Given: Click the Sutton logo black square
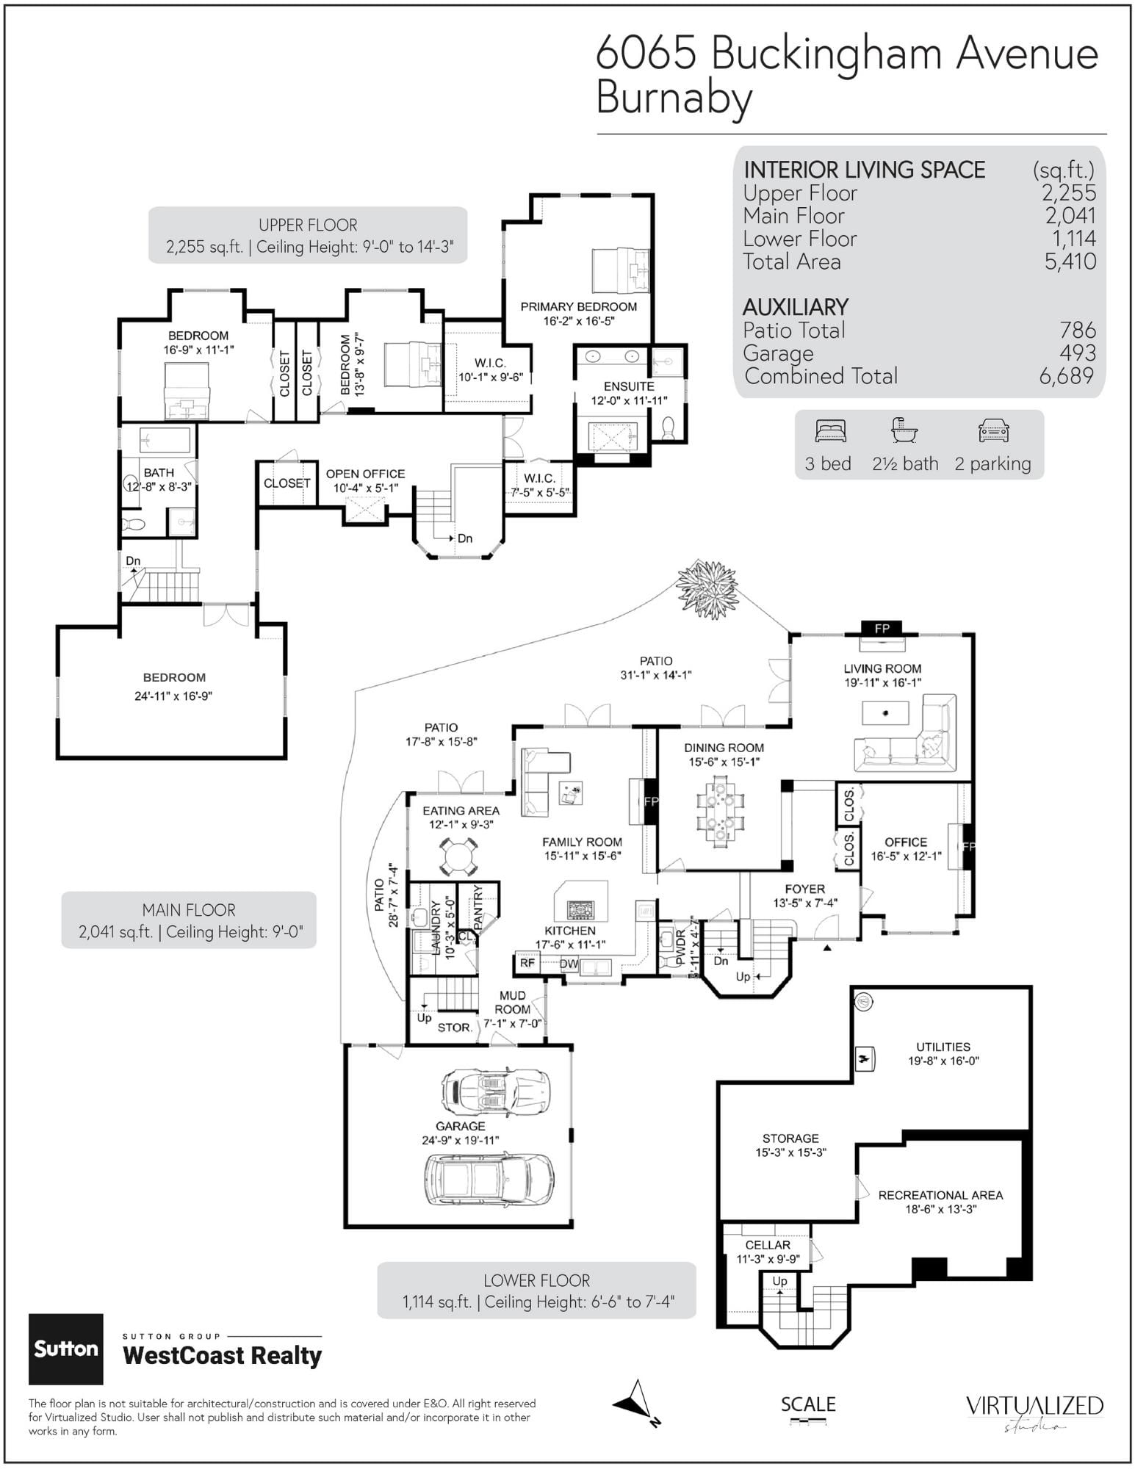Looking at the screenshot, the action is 66,1349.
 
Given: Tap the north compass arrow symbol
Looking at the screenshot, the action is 636,1404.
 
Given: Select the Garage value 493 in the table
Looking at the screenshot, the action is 1078,353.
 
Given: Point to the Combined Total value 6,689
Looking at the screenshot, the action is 1067,376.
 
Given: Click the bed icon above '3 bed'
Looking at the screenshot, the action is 831,431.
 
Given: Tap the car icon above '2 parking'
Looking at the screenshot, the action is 994,431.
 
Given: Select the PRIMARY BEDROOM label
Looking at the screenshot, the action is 579,306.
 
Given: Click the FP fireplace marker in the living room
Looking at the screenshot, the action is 882,628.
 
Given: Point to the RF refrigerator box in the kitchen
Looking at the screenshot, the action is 527,963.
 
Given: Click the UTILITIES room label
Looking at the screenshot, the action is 943,1047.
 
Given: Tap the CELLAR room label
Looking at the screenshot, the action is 768,1245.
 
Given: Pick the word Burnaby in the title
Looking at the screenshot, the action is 674,98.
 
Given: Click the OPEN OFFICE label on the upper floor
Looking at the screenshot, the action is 365,474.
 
